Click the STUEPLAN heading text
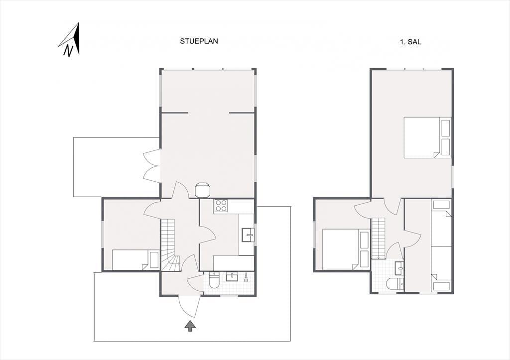point(199,41)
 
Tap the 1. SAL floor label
point(410,42)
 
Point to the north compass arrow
point(70,40)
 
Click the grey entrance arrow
point(190,326)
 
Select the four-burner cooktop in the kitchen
point(221,206)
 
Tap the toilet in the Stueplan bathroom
point(214,281)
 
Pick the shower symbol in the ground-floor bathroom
point(246,277)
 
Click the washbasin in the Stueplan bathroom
point(232,276)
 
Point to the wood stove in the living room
point(202,190)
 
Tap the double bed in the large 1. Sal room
point(428,137)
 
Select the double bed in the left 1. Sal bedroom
point(346,249)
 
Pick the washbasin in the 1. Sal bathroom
point(399,269)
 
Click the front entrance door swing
point(189,306)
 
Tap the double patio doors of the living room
point(152,165)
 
